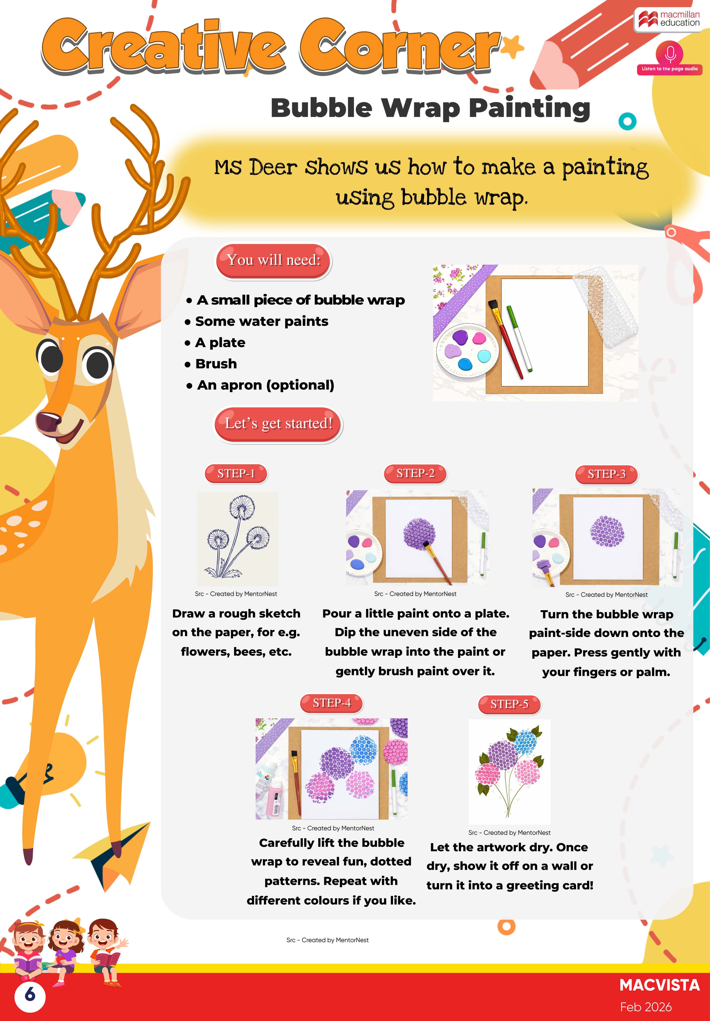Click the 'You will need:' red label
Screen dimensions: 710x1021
[x=274, y=261]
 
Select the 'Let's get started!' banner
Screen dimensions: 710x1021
[x=278, y=424]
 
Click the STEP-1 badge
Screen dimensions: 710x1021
[x=236, y=474]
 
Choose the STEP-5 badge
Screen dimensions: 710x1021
[x=510, y=704]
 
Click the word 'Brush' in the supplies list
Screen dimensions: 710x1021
[x=216, y=364]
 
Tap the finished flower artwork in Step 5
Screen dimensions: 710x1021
[x=510, y=771]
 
